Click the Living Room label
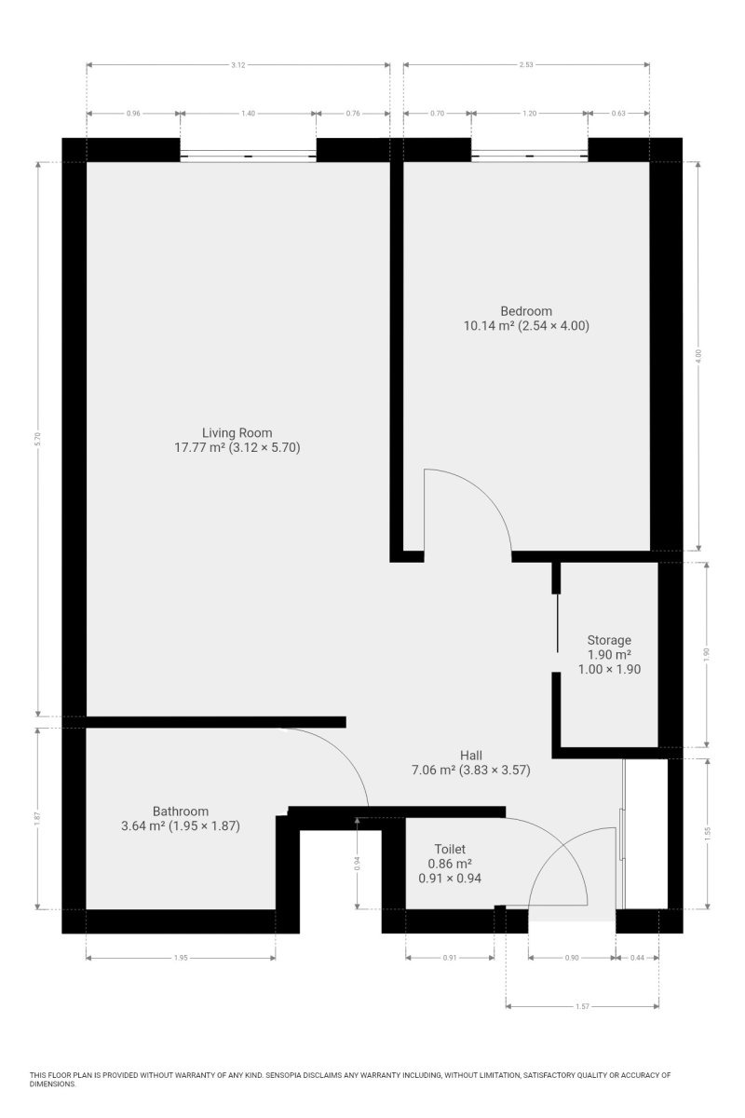pyautogui.click(x=237, y=432)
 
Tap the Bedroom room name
pyautogui.click(x=526, y=311)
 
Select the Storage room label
pyautogui.click(x=609, y=640)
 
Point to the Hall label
pyautogui.click(x=470, y=756)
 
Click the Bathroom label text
pyautogui.click(x=180, y=811)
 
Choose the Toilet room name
pyautogui.click(x=450, y=849)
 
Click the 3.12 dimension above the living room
pyautogui.click(x=238, y=65)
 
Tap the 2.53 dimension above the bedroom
pyautogui.click(x=526, y=65)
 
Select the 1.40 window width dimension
pyautogui.click(x=248, y=114)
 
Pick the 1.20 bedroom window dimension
pyautogui.click(x=530, y=114)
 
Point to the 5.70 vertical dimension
pyautogui.click(x=37, y=439)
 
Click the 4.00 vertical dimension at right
pyautogui.click(x=698, y=356)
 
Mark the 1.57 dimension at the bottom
pyautogui.click(x=582, y=1006)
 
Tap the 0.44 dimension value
pyautogui.click(x=637, y=958)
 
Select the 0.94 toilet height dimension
pyautogui.click(x=358, y=863)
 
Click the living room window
pyautogui.click(x=248, y=156)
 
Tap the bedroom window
pyautogui.click(x=530, y=156)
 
